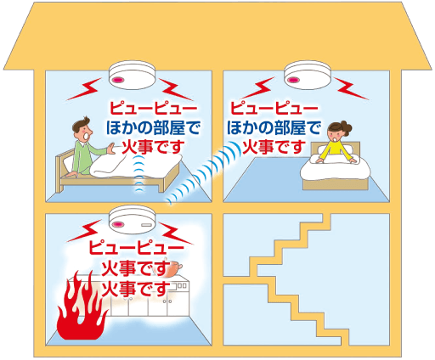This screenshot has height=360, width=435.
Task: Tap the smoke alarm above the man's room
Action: click(x=133, y=74)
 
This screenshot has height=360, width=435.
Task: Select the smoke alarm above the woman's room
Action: click(x=308, y=74)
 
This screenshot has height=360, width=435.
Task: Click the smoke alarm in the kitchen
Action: click(x=133, y=220)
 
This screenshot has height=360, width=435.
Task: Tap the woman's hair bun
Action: click(x=346, y=127)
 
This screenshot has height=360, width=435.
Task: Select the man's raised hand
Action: click(x=110, y=149)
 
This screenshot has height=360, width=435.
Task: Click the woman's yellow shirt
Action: click(x=336, y=151)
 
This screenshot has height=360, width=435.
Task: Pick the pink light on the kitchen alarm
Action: click(x=117, y=225)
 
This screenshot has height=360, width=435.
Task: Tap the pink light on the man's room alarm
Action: click(x=117, y=80)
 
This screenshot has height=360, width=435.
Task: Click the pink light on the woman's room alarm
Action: click(x=292, y=80)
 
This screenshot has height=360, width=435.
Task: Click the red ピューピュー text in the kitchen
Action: click(x=136, y=248)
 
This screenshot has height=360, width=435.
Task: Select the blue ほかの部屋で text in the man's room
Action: click(x=153, y=127)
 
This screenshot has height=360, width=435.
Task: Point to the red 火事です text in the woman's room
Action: click(x=274, y=147)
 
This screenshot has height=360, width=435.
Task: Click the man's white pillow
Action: click(x=69, y=163)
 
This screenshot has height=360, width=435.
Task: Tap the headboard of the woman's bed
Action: click(x=336, y=149)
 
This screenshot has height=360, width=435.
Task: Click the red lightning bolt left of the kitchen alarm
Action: click(x=84, y=233)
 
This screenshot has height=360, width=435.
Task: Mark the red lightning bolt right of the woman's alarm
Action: click(x=352, y=88)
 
